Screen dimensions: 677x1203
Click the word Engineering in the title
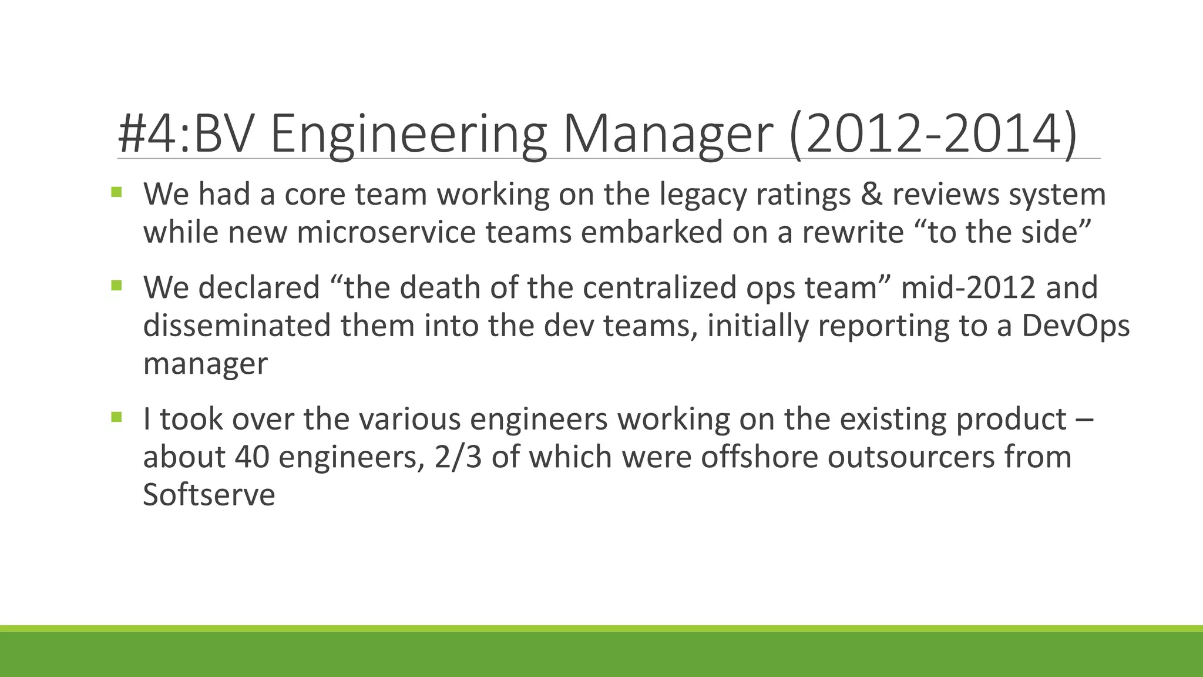click(408, 135)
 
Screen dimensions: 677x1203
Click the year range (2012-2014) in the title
click(933, 135)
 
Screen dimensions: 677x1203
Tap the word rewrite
click(853, 232)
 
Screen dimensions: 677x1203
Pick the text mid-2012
click(967, 288)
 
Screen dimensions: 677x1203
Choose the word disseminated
click(237, 326)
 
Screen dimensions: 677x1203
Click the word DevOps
click(1076, 326)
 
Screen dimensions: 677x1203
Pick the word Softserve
click(209, 495)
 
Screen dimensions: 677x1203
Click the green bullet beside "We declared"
click(116, 286)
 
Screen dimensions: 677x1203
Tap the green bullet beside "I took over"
click(116, 418)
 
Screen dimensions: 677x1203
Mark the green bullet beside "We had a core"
click(116, 192)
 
